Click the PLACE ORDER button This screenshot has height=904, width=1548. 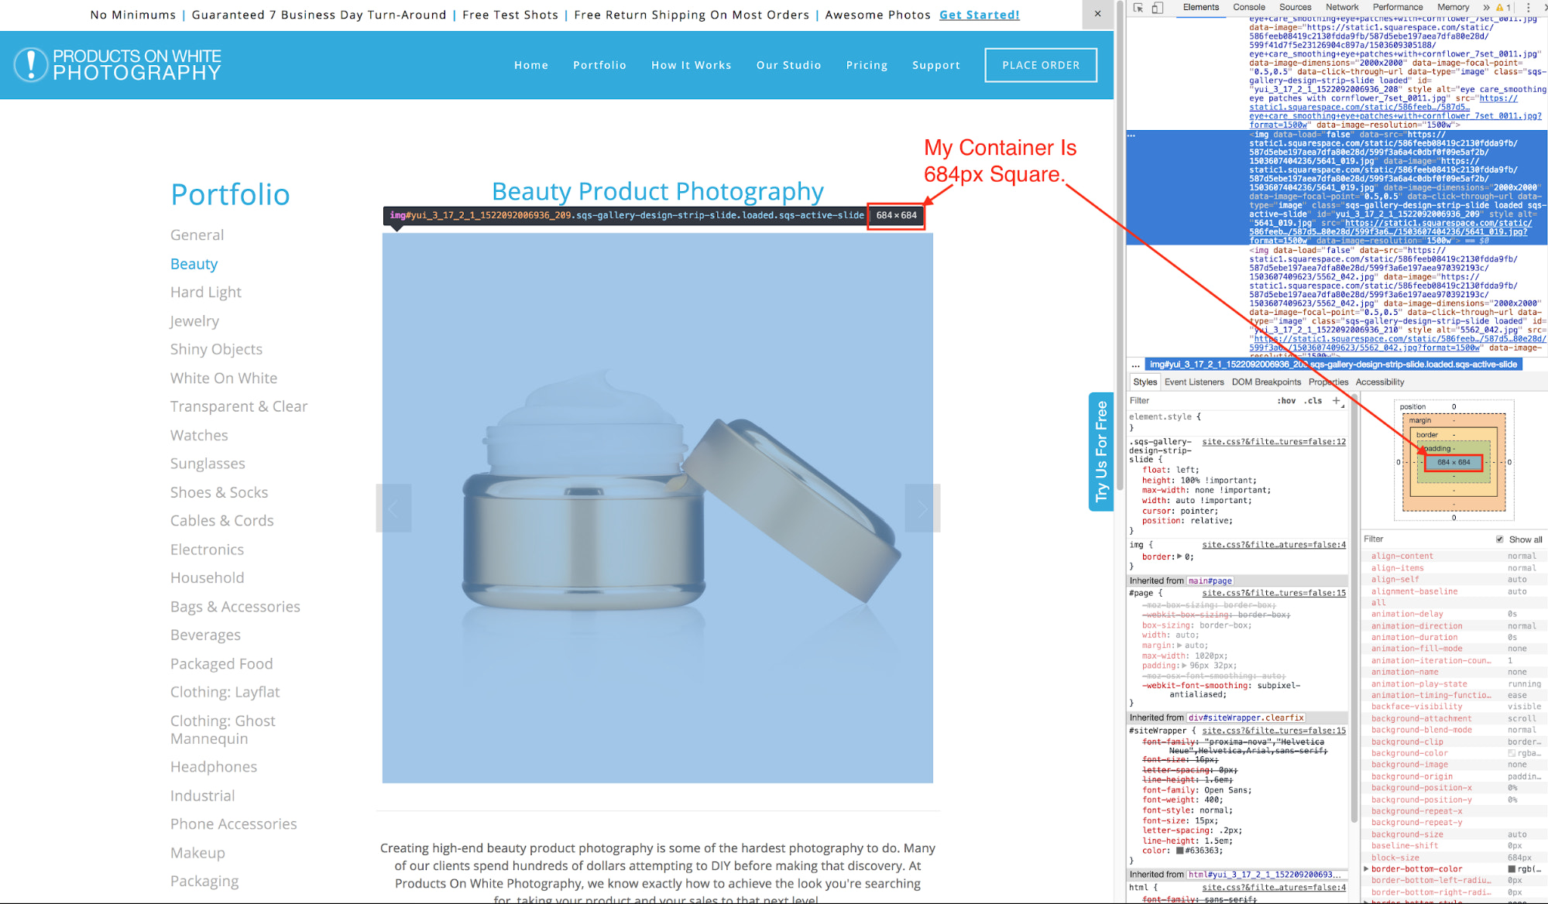[x=1040, y=65]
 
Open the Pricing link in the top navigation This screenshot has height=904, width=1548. [x=867, y=66]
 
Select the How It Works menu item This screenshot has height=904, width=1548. [x=691, y=66]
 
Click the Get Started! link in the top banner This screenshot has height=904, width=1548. [x=979, y=15]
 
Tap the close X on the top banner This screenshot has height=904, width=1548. [x=1097, y=14]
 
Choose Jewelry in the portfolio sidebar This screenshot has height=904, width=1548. [x=194, y=321]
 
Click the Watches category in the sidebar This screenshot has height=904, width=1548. [x=199, y=436]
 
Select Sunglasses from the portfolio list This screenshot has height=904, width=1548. [x=208, y=464]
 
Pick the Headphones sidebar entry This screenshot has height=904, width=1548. [x=214, y=767]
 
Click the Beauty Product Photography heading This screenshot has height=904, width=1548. [x=657, y=191]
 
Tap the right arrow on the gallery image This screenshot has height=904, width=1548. [x=922, y=508]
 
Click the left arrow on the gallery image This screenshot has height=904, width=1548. [x=393, y=508]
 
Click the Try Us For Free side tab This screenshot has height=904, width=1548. [x=1100, y=451]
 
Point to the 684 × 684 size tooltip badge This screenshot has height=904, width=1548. [x=896, y=216]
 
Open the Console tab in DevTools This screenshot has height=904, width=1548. [x=1248, y=8]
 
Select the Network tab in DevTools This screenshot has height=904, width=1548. [x=1342, y=8]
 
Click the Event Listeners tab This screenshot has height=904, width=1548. [x=1194, y=382]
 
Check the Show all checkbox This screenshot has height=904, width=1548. [x=1500, y=539]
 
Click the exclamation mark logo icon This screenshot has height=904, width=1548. [x=31, y=65]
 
